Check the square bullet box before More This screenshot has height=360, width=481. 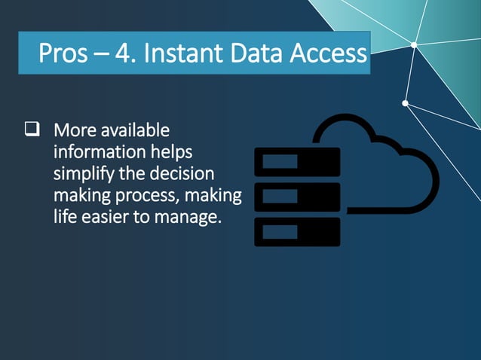pyautogui.click(x=32, y=130)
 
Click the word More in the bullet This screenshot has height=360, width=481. pyautogui.click(x=75, y=130)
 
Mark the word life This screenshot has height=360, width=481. pyautogui.click(x=64, y=218)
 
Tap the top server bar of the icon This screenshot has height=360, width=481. pyautogui.click(x=297, y=162)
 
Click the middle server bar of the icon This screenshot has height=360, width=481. pyautogui.click(x=297, y=197)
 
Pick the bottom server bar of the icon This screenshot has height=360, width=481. pyautogui.click(x=297, y=232)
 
